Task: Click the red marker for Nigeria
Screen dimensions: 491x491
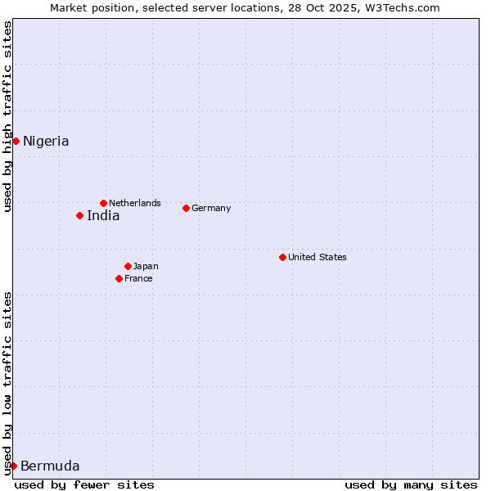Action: tap(16, 141)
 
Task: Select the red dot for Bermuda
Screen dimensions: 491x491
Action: tap(13, 466)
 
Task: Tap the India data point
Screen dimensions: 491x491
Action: tap(79, 215)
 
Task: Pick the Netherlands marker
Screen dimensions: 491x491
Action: tap(103, 203)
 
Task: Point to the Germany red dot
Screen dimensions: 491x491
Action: tap(186, 208)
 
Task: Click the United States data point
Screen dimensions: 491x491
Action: tap(282, 257)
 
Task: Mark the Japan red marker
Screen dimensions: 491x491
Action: tap(128, 266)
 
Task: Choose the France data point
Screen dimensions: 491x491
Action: tap(119, 278)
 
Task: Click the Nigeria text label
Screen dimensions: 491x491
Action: tap(46, 141)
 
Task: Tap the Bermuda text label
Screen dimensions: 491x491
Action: tap(50, 466)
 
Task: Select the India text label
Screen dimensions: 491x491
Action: tap(103, 216)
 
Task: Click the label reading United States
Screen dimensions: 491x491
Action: tap(318, 257)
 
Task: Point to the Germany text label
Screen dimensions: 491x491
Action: tap(211, 208)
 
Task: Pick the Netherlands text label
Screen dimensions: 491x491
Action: tap(135, 203)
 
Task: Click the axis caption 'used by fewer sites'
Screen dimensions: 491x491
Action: tap(84, 484)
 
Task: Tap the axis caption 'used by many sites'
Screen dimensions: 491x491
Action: tap(411, 484)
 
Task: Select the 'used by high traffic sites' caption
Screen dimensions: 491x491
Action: tap(7, 116)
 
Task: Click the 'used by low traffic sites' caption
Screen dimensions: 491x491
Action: tap(7, 383)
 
